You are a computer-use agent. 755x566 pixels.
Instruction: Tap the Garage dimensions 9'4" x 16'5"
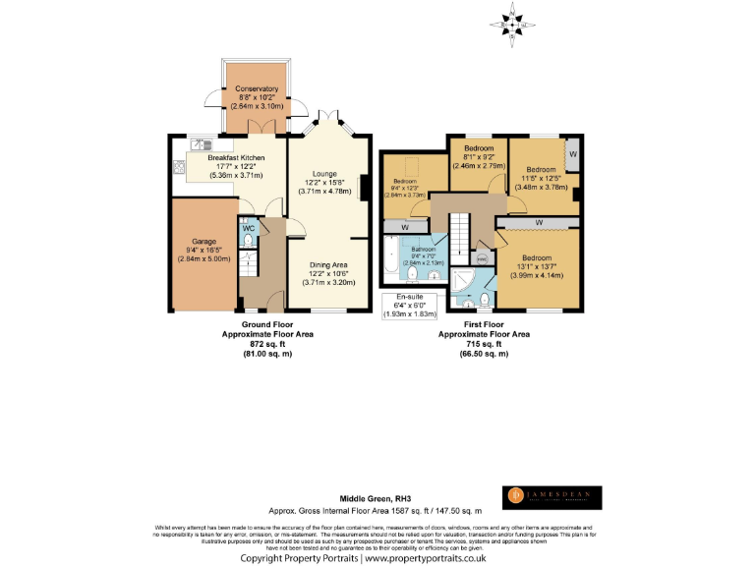pyautogui.click(x=203, y=251)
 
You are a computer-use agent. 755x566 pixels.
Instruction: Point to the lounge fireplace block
pyautogui.click(x=365, y=187)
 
